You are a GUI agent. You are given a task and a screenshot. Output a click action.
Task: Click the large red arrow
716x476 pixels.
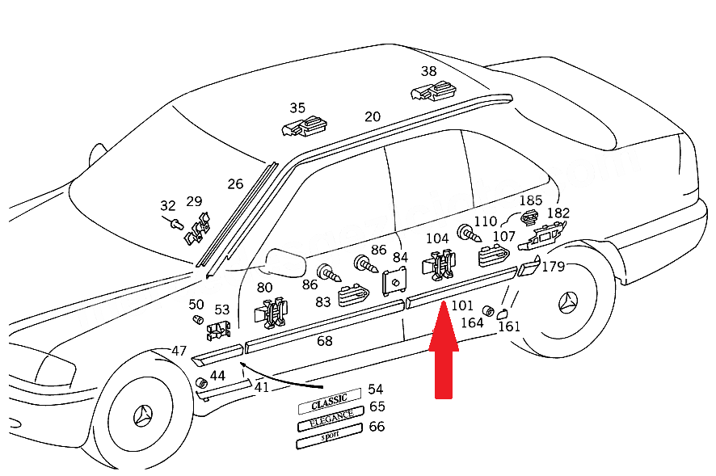pos(444,352)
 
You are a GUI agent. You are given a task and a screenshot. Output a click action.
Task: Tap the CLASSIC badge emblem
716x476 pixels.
pos(330,401)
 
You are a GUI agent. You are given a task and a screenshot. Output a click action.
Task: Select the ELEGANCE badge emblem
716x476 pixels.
pos(331,419)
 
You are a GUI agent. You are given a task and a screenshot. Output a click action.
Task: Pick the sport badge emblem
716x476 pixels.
pos(329,436)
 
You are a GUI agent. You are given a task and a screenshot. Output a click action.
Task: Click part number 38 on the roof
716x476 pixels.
pos(428,71)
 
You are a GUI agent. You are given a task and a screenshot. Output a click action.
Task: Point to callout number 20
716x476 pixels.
pos(373,117)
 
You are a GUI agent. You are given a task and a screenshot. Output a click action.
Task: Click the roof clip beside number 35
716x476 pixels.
pos(305,127)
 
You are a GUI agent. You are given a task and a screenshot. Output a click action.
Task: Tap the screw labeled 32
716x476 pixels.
pos(174,223)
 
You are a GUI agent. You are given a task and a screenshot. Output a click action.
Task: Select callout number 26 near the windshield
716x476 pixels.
pos(235,184)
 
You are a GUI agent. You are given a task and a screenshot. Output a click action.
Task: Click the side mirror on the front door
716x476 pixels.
pos(285,263)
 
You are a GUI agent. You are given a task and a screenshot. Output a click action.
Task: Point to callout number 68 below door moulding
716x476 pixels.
pos(324,341)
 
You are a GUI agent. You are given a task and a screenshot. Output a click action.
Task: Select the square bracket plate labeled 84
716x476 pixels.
pos(394,282)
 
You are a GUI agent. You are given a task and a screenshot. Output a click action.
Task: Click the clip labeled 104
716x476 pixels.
pos(439,265)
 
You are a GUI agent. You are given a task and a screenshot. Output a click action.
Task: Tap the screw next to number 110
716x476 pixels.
pos(469,234)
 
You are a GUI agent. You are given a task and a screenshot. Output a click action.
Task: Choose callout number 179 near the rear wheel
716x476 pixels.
pos(553,267)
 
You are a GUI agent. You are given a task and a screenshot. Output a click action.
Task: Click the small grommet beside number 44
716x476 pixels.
pos(201,383)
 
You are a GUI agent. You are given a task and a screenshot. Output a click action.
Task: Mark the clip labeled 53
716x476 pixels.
pos(219,331)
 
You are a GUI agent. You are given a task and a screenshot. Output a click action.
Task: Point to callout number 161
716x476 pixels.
pos(508,326)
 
